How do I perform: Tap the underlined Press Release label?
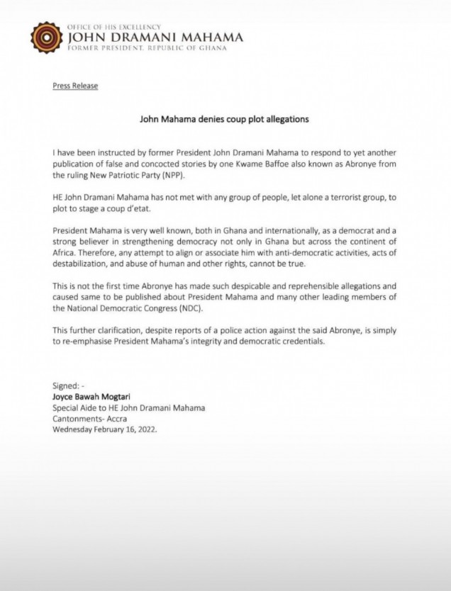coord(75,86)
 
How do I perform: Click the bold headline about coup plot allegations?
coord(223,120)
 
